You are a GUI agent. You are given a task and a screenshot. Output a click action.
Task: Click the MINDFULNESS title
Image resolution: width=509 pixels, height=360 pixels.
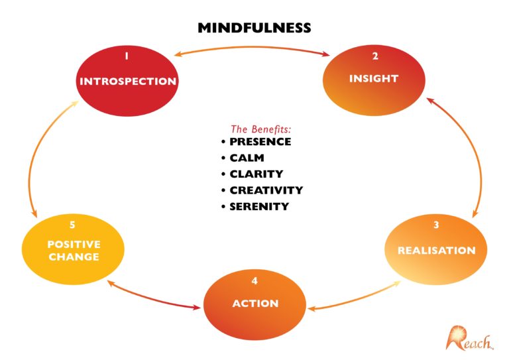(254, 28)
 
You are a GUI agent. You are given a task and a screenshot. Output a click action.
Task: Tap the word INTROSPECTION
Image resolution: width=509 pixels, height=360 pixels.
(128, 82)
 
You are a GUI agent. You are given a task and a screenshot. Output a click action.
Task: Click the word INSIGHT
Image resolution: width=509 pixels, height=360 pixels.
(374, 79)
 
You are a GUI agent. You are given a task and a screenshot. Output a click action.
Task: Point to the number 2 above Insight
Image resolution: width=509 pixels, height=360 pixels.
(375, 56)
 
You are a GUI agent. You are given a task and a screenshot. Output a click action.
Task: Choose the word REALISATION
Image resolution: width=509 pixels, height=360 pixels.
(436, 251)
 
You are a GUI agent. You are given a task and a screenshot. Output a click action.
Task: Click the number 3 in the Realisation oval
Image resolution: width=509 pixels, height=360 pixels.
(436, 225)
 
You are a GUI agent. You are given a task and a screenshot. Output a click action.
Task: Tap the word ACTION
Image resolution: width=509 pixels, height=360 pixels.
(255, 303)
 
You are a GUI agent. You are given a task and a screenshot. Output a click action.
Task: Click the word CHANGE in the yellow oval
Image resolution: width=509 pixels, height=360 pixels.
(74, 257)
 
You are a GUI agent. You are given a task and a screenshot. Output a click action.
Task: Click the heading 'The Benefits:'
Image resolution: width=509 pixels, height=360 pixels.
(260, 129)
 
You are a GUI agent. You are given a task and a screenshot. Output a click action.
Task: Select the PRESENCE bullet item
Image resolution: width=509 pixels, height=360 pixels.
(260, 142)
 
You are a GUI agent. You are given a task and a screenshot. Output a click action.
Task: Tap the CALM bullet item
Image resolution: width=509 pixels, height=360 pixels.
(247, 158)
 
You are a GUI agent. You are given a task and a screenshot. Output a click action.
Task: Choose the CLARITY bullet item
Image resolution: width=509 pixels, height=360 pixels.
(256, 174)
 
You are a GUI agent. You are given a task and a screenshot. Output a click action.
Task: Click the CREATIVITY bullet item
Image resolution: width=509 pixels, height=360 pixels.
(266, 190)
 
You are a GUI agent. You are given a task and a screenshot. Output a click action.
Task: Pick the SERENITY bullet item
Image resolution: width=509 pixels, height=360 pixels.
(259, 206)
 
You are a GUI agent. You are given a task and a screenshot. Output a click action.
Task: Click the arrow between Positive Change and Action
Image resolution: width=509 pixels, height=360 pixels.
(154, 295)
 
